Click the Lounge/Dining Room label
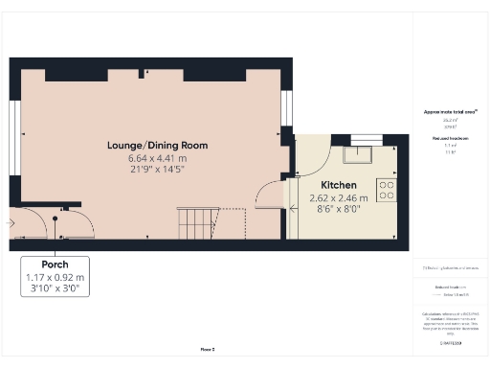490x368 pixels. (x=157, y=146)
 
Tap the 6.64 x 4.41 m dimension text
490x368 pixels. (x=157, y=158)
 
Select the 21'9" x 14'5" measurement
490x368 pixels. (x=157, y=170)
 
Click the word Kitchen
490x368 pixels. (x=339, y=184)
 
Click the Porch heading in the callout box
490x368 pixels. (x=54, y=264)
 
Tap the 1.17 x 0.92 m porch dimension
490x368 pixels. (x=54, y=276)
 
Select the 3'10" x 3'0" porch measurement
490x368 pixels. (x=54, y=287)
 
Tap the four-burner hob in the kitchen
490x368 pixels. (x=388, y=190)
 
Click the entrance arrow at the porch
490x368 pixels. (x=11, y=222)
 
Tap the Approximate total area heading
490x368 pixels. (x=450, y=112)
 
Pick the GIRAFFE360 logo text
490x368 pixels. (x=450, y=341)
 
